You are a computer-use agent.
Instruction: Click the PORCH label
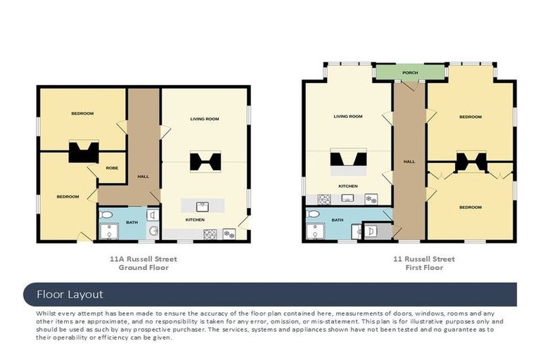(410, 72)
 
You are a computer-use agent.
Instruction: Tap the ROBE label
(112, 168)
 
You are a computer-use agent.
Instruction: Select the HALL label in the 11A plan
(143, 176)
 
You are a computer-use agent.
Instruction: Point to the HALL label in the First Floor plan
(409, 162)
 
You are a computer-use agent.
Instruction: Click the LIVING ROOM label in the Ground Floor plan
(205, 119)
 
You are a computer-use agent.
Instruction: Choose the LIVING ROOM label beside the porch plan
(348, 117)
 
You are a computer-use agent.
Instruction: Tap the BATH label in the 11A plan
(132, 223)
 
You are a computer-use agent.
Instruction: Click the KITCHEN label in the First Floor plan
(348, 186)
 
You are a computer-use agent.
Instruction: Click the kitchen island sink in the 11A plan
(202, 207)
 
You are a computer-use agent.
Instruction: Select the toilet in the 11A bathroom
(105, 215)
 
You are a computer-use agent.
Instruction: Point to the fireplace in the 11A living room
(205, 162)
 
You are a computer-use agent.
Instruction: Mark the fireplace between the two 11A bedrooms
(84, 152)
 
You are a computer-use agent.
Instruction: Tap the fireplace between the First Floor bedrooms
(471, 162)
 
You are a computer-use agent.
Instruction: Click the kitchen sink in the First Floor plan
(347, 198)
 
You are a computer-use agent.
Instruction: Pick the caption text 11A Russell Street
(143, 259)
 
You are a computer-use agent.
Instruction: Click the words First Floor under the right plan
(424, 268)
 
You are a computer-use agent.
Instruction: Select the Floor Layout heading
(70, 295)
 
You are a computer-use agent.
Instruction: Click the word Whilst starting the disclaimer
(46, 314)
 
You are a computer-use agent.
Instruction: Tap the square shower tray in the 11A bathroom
(109, 231)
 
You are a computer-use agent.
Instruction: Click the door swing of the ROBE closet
(93, 170)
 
